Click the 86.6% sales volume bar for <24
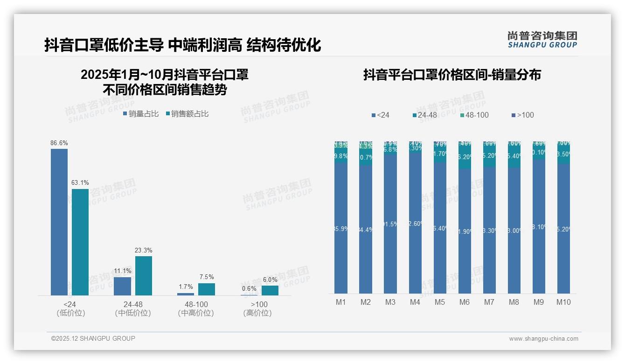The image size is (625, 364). click(59, 222)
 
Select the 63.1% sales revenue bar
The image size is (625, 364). click(80, 242)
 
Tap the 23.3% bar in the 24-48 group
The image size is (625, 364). click(144, 275)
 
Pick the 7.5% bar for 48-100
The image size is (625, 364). click(207, 289)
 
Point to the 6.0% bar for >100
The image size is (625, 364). click(270, 290)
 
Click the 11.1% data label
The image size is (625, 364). click(123, 271)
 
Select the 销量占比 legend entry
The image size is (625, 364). click(141, 113)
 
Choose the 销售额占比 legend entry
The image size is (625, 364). click(187, 113)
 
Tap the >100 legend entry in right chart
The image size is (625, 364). click(522, 115)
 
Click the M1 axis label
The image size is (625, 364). click(341, 302)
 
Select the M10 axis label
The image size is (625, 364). click(563, 302)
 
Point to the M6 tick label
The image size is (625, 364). click(465, 302)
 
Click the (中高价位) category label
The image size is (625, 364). click(196, 313)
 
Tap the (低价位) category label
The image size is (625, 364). click(70, 313)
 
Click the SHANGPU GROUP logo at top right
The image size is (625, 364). click(542, 39)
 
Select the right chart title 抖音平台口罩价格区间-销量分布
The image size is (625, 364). click(452, 75)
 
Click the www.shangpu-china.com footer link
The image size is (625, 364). click(543, 339)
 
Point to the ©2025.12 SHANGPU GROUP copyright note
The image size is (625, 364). click(93, 338)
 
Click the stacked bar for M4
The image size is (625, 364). click(415, 217)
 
